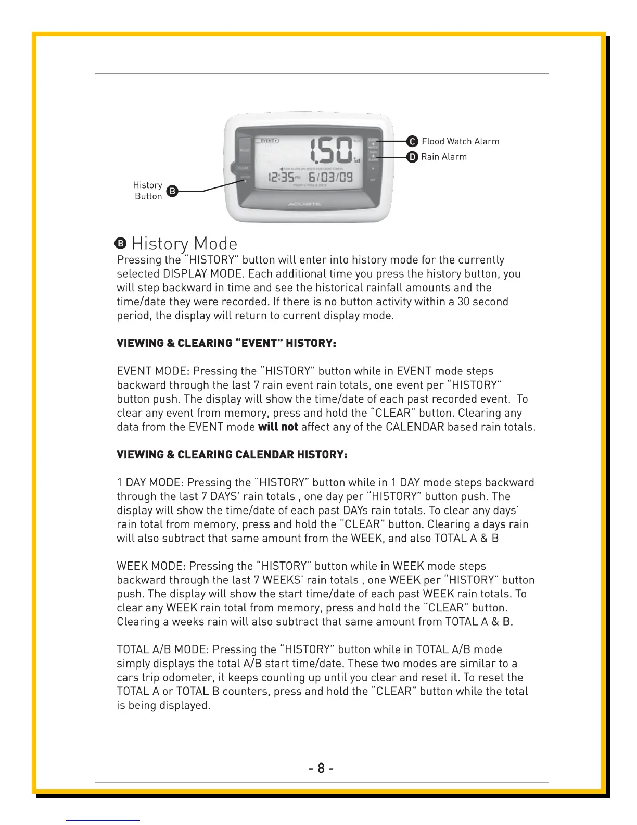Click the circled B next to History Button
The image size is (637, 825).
click(x=172, y=191)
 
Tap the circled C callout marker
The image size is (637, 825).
click(x=412, y=141)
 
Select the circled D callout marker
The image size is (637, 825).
click(x=412, y=157)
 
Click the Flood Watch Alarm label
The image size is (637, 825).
click(x=460, y=141)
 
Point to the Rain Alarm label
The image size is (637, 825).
click(x=444, y=157)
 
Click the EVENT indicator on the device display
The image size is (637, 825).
click(x=269, y=140)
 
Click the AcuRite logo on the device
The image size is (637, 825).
click(x=305, y=204)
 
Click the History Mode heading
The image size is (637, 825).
click(x=184, y=244)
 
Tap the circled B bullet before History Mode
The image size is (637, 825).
click(x=121, y=244)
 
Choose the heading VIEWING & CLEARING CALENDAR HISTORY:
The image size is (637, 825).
click(x=232, y=455)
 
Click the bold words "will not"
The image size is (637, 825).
click(x=278, y=427)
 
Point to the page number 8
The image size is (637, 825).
click(x=321, y=768)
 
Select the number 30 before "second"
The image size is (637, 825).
click(x=464, y=302)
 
